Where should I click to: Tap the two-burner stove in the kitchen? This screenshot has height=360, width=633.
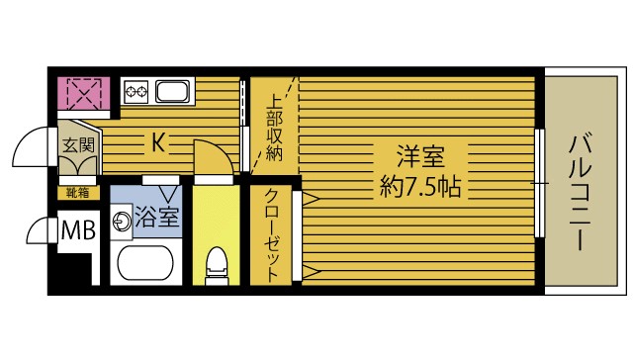[136, 94]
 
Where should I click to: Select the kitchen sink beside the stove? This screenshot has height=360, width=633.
[172, 94]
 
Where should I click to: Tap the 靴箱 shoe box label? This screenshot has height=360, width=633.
[76, 192]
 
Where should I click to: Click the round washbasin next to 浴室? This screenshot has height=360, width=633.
[123, 221]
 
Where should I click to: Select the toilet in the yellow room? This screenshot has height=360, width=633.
[214, 265]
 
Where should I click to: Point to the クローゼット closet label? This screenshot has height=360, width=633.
[270, 235]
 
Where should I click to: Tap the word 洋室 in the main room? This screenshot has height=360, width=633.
[419, 157]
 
